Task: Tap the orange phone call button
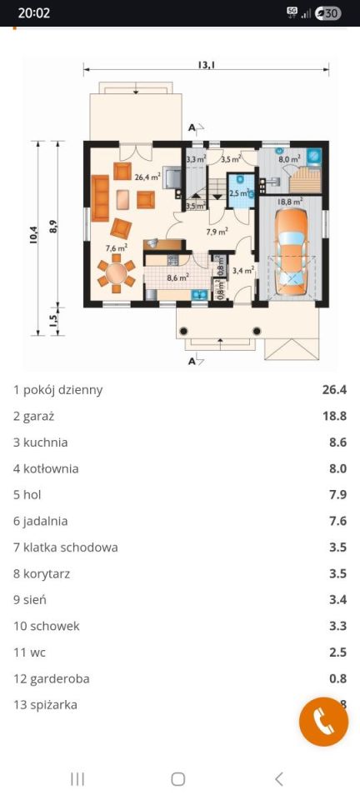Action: pyautogui.click(x=323, y=722)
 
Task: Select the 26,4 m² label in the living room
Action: pyautogui.click(x=147, y=177)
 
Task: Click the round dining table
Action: pyautogui.click(x=117, y=273)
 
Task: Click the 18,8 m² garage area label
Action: pyautogui.click(x=289, y=201)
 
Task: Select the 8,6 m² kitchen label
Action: pyautogui.click(x=177, y=278)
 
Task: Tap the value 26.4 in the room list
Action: pyautogui.click(x=334, y=389)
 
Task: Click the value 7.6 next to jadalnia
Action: pyautogui.click(x=337, y=521)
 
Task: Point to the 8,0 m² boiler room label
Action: pyautogui.click(x=289, y=159)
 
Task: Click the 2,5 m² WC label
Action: pyautogui.click(x=238, y=193)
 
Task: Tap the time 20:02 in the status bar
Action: pyautogui.click(x=34, y=13)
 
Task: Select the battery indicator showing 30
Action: pyautogui.click(x=329, y=13)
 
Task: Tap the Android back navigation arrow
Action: pyautogui.click(x=278, y=779)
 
